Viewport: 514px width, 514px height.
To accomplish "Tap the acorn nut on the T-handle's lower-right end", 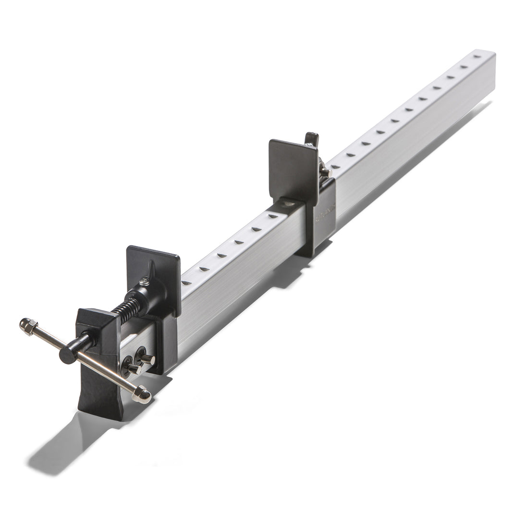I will [x=143, y=393].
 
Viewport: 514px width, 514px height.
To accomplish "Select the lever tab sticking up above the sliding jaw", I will [x=312, y=139].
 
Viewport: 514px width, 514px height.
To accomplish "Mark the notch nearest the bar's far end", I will [x=477, y=57].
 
